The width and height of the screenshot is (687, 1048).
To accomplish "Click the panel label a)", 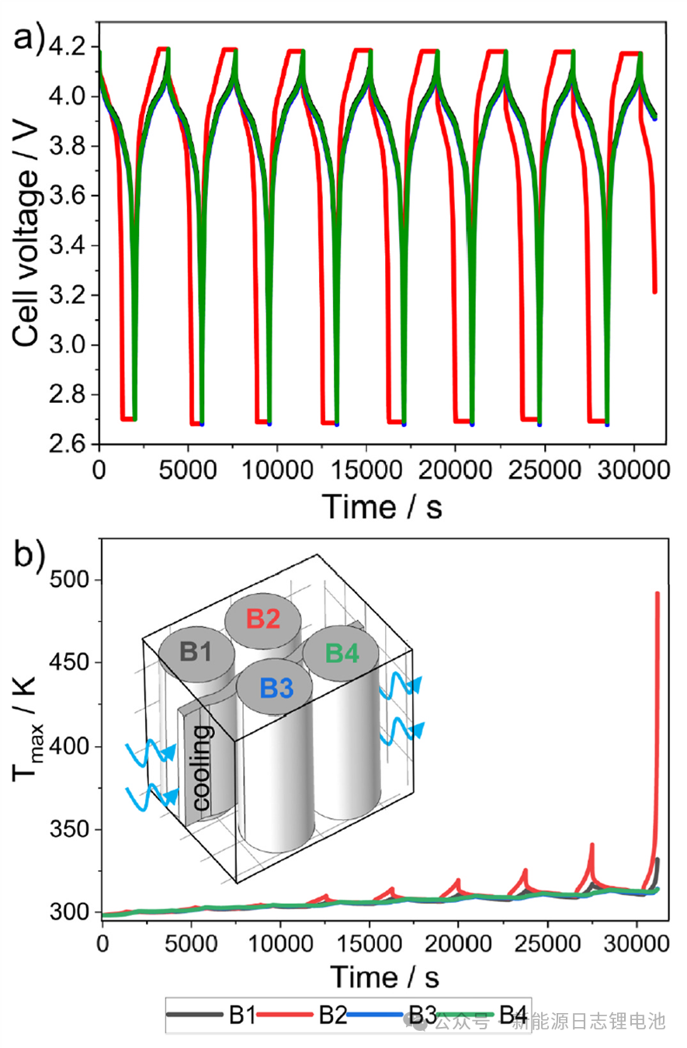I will (29, 37).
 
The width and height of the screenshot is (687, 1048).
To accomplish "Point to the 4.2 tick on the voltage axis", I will (70, 47).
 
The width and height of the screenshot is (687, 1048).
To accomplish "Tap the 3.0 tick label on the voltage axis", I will (70, 345).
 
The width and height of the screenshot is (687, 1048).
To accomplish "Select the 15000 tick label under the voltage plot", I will (366, 470).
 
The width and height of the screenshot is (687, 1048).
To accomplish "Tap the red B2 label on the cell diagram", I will (262, 619).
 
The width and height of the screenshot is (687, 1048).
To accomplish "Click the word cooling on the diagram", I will (202, 769).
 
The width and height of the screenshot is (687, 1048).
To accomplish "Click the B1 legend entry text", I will (242, 1015).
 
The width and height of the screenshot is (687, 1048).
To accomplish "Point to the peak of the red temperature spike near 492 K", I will (658, 593).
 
